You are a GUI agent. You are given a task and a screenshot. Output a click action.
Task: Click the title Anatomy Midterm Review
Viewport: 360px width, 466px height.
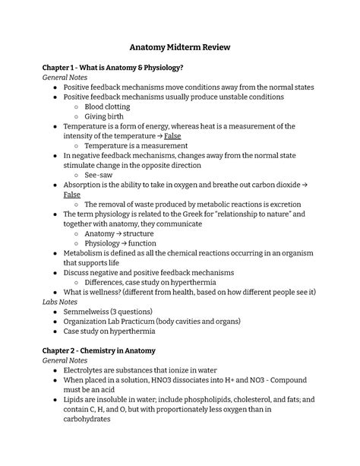click(x=180, y=49)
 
